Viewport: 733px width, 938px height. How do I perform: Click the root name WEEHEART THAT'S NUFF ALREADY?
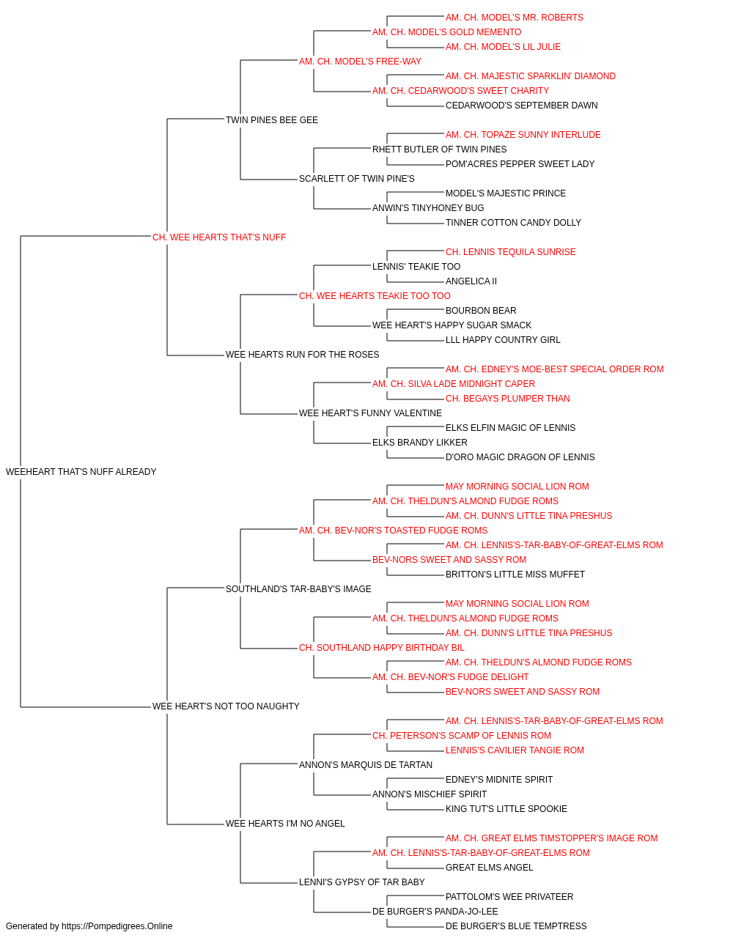tap(81, 472)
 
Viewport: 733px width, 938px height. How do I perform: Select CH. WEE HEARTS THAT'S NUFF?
tap(219, 237)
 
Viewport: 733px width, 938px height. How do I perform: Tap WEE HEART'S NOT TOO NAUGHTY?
tap(226, 706)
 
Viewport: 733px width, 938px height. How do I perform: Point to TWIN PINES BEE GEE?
tap(271, 120)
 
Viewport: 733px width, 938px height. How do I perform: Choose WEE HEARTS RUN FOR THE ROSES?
tap(302, 355)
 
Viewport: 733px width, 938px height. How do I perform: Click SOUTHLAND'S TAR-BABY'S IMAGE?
tap(298, 588)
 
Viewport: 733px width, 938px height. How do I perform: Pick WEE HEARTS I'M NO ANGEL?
tap(285, 823)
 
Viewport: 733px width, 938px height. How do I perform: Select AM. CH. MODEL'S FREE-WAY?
tap(360, 62)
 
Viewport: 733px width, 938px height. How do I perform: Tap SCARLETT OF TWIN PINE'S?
tap(356, 179)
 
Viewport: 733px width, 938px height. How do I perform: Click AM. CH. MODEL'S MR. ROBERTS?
tap(514, 18)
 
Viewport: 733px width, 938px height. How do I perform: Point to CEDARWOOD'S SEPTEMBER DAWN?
tap(521, 106)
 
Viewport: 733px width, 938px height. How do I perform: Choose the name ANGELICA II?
tap(471, 281)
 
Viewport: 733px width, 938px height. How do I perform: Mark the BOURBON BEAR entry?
tap(481, 311)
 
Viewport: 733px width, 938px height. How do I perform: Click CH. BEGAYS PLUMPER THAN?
tap(508, 399)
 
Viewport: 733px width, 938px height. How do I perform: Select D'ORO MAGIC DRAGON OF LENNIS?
tap(520, 457)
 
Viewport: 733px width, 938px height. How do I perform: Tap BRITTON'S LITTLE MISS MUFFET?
tap(515, 574)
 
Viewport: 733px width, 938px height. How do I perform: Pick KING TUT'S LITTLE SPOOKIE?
tap(507, 808)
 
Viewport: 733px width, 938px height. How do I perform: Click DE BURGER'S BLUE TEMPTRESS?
tap(516, 926)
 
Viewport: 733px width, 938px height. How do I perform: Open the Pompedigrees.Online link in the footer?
tap(117, 926)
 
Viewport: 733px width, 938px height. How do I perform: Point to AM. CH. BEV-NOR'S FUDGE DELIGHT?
tap(450, 677)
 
